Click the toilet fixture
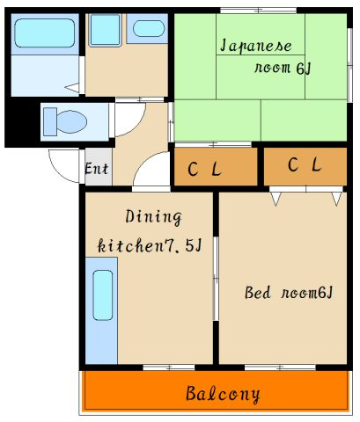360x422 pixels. click(x=65, y=121)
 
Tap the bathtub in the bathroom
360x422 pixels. click(x=45, y=33)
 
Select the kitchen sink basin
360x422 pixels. click(x=103, y=295)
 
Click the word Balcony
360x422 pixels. click(x=223, y=395)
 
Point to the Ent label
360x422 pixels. click(x=97, y=169)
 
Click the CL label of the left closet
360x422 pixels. click(x=204, y=169)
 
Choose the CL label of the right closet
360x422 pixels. click(x=305, y=164)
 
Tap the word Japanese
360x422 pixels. click(x=256, y=47)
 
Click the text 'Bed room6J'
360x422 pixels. click(x=289, y=293)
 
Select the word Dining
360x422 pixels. click(x=154, y=217)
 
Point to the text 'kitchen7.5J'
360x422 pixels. click(x=150, y=245)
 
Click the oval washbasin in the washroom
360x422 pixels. click(x=149, y=29)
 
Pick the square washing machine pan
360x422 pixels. click(x=105, y=30)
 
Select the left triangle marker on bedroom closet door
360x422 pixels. click(x=276, y=198)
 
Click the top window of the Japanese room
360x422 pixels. click(x=259, y=11)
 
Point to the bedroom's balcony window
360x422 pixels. click(x=280, y=367)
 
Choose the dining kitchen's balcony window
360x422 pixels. click(x=169, y=367)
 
